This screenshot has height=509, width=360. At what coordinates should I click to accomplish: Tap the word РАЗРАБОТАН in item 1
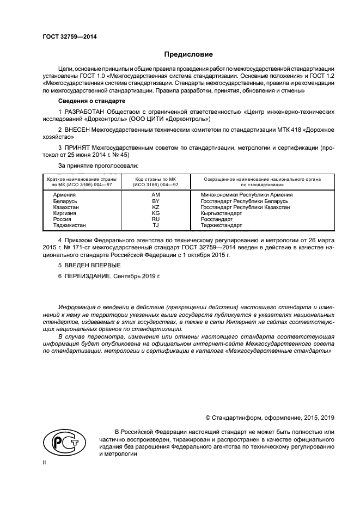click(x=86, y=111)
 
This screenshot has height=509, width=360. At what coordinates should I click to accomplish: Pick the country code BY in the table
click(x=155, y=201)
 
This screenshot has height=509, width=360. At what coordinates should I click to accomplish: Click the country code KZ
click(x=155, y=207)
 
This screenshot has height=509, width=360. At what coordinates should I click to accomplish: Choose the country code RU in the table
click(x=155, y=219)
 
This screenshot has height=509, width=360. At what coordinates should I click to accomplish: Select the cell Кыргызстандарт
click(x=224, y=213)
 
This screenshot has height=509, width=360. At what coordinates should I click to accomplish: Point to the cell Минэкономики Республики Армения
click(x=247, y=194)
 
